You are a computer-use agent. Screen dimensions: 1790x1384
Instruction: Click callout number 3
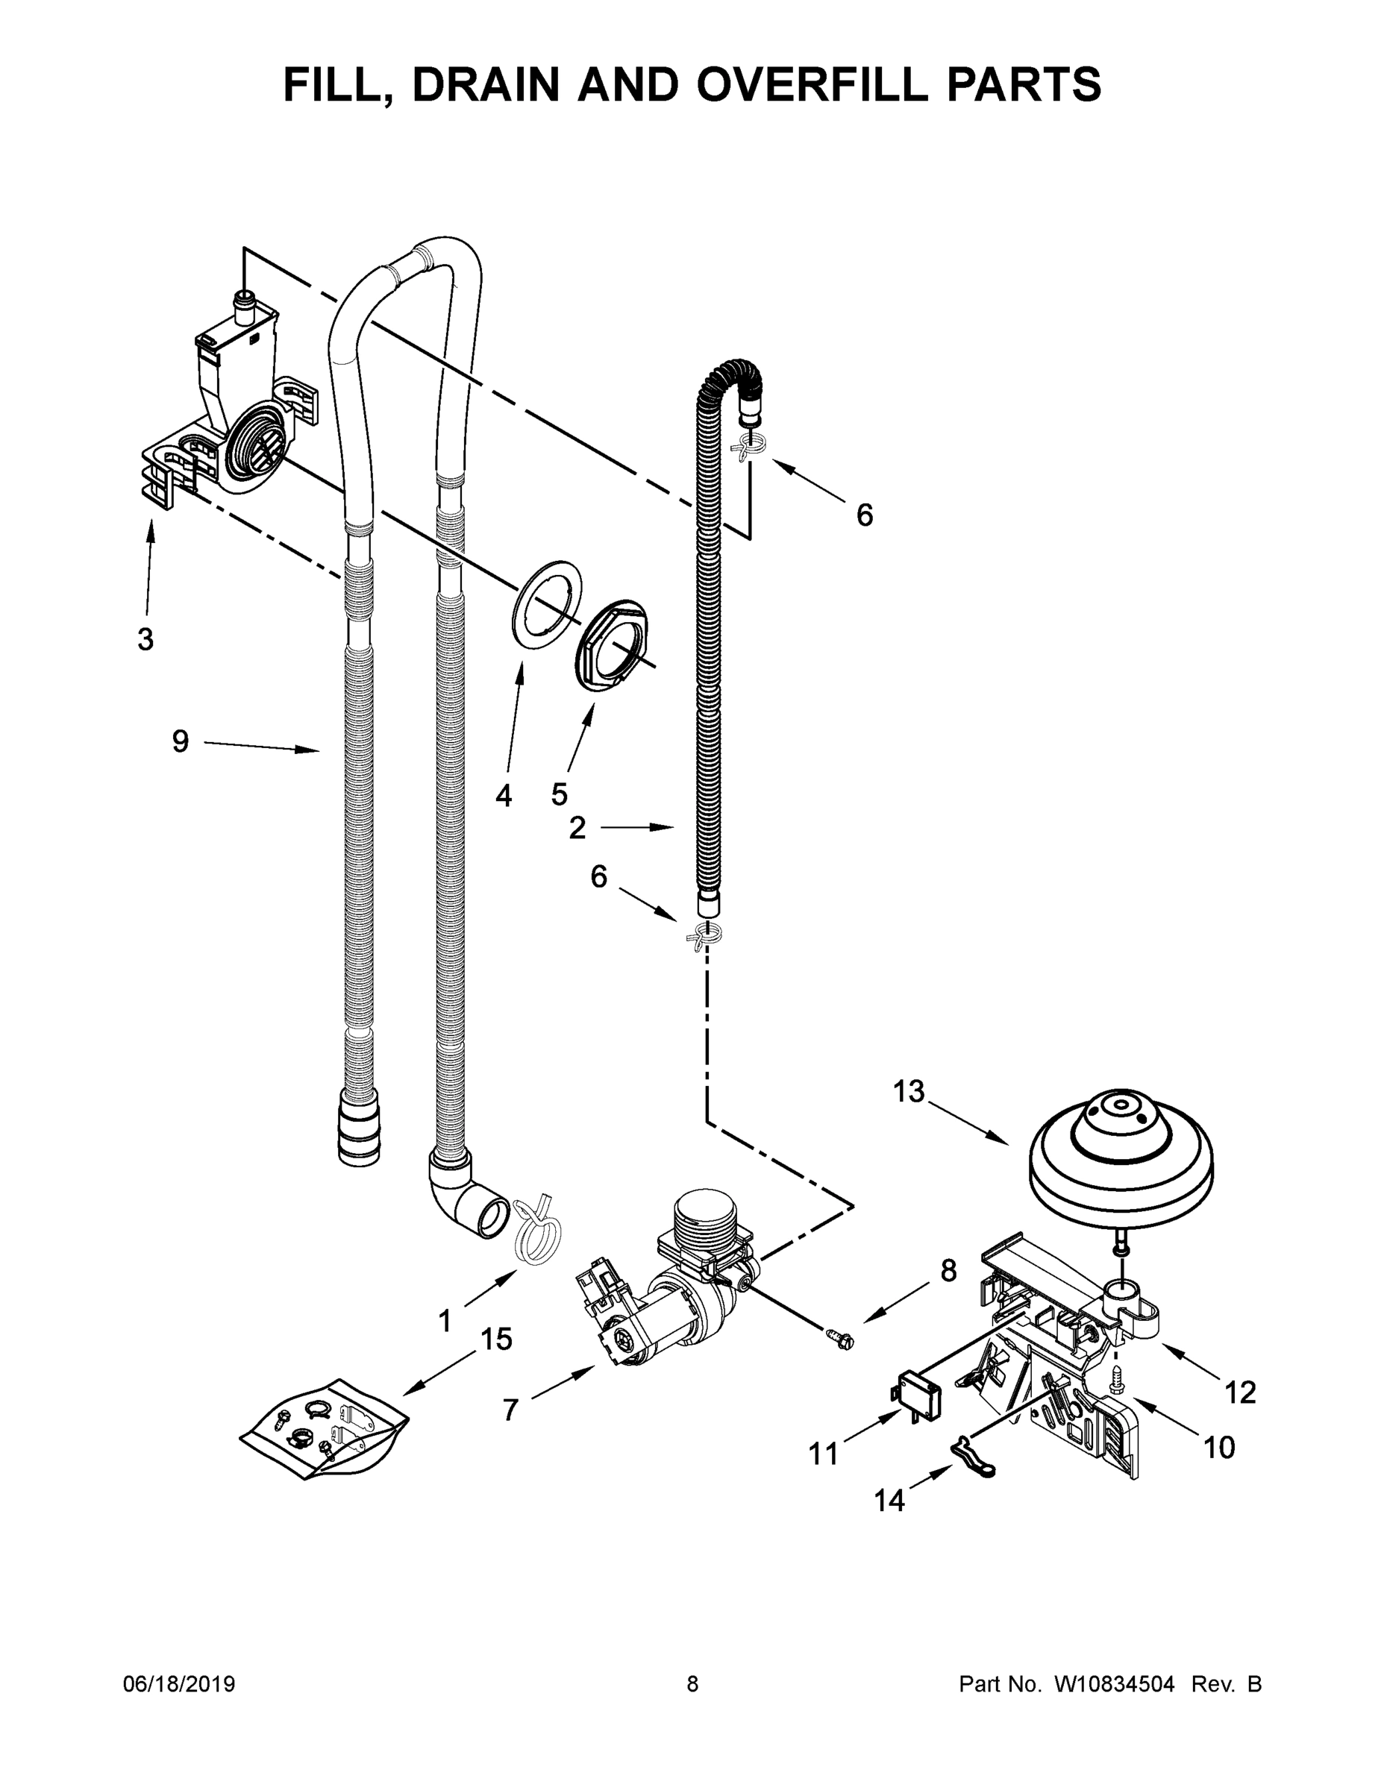coord(145,639)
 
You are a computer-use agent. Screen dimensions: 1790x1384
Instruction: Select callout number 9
coord(181,742)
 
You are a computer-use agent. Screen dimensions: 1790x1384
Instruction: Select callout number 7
coord(510,1410)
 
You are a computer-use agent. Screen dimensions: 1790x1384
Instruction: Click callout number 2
coord(577,828)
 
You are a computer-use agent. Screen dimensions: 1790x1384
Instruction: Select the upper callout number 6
coord(864,515)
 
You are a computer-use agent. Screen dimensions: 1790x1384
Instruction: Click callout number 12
coord(1240,1392)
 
